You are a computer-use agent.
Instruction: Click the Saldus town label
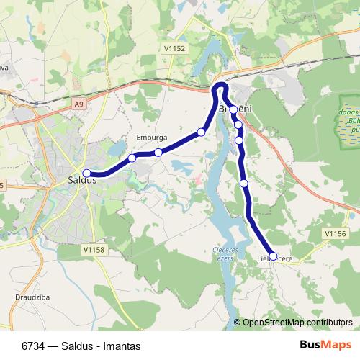tap(81, 181)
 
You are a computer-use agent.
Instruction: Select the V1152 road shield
tap(174, 48)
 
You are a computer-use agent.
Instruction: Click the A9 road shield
tap(78, 104)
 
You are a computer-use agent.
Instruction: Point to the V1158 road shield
tap(94, 249)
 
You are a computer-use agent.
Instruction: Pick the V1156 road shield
tap(336, 233)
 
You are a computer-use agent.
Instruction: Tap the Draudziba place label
tap(31, 297)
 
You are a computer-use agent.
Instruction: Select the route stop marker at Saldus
tap(86, 173)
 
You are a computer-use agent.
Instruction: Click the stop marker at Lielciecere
tap(273, 256)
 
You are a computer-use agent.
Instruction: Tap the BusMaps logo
tap(321, 346)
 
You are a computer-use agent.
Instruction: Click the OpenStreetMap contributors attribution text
tap(297, 323)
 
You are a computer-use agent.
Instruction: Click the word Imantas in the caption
tap(123, 346)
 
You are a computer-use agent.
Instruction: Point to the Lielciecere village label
tap(275, 258)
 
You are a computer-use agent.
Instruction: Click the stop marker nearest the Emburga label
tap(158, 152)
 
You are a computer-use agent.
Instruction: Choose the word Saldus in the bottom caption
tap(85, 346)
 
